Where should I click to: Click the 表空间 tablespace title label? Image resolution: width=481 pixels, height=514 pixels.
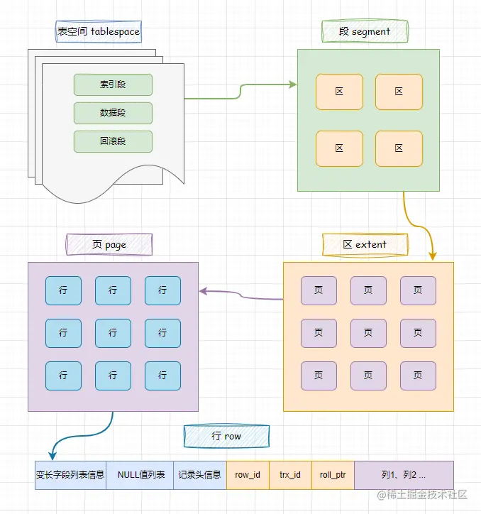coord(99,31)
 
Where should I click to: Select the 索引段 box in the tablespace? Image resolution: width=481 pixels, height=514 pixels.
coord(113,84)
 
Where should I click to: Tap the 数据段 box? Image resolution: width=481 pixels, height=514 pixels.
coord(113,113)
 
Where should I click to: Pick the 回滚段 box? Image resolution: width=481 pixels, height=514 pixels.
coord(113,141)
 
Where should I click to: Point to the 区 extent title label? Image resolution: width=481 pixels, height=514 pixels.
coord(365,244)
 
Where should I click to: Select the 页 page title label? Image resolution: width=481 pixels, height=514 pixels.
coord(109,244)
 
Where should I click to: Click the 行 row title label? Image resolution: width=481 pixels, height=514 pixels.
coord(226,436)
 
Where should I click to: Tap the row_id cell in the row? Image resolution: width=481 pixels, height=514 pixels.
coord(248,475)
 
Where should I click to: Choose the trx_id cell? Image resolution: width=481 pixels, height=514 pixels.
coord(290,475)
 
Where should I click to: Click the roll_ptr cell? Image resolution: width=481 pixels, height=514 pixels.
coord(333,475)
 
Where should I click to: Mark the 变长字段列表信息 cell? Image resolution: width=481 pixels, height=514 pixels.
coord(70,475)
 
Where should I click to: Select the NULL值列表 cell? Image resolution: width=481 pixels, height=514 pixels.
coord(141,475)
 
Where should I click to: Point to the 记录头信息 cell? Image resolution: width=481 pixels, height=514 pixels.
coord(199,475)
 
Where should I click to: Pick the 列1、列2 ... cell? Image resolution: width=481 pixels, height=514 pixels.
coord(404,475)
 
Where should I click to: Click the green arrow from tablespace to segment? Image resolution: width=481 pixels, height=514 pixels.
coord(241,90)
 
